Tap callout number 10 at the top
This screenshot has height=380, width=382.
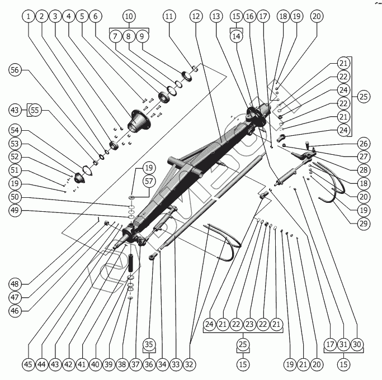tap(129, 17)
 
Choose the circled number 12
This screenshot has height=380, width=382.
tap(196, 17)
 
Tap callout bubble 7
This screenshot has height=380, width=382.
tap(115, 36)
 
